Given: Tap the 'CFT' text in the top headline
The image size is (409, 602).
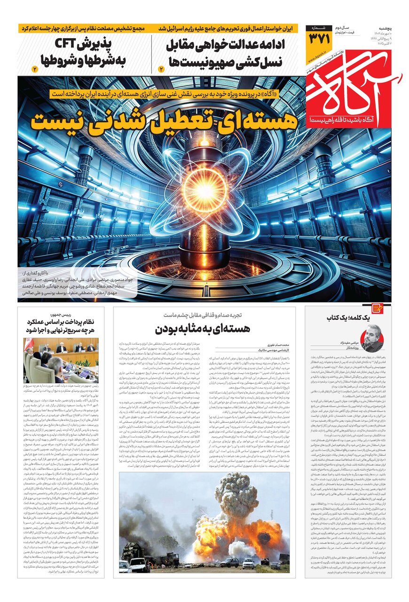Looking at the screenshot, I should click(x=70, y=45).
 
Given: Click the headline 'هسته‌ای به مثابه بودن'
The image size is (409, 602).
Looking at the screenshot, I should click(x=204, y=328).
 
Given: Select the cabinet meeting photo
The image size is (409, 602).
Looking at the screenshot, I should click(x=61, y=360).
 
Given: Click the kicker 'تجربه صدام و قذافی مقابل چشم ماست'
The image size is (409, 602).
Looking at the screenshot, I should click(x=204, y=315).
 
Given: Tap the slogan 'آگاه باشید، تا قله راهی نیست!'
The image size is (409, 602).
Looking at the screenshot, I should click(x=346, y=121).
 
